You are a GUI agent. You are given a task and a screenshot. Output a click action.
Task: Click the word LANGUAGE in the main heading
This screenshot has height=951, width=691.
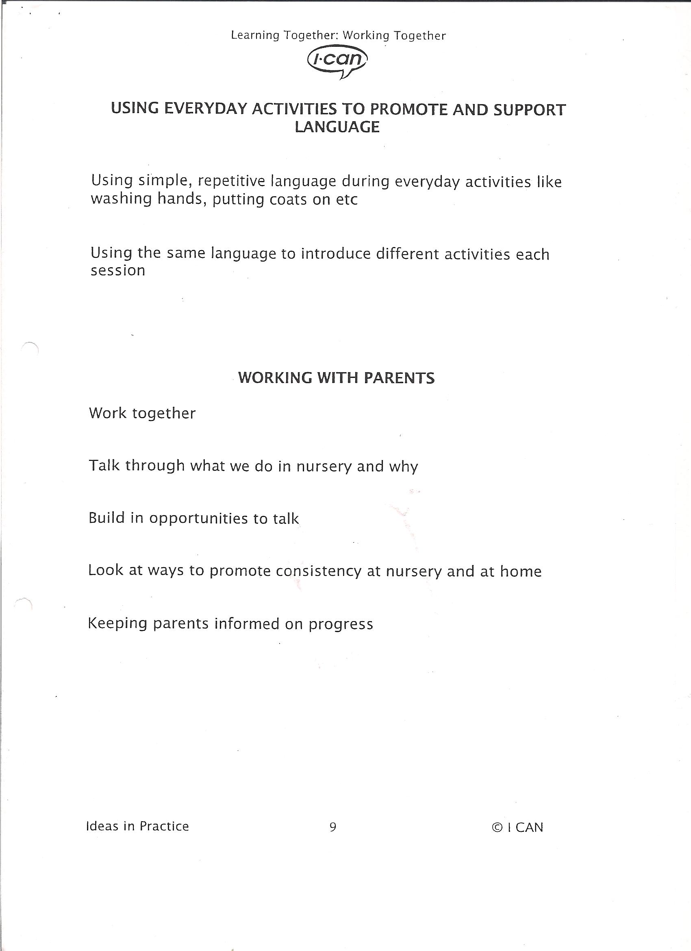pyautogui.click(x=337, y=127)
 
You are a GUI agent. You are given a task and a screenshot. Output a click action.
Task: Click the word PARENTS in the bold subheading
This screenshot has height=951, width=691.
pyautogui.click(x=399, y=378)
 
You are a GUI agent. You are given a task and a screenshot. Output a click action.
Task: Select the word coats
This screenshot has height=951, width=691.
pyautogui.click(x=288, y=199)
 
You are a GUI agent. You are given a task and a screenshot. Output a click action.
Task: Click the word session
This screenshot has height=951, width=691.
pyautogui.click(x=118, y=271)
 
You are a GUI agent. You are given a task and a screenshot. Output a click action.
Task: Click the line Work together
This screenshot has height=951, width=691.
pyautogui.click(x=142, y=413)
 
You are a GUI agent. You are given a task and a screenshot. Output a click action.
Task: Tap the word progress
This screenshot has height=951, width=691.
pyautogui.click(x=341, y=625)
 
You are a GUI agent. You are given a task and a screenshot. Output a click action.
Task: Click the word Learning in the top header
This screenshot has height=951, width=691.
pyautogui.click(x=255, y=36)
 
